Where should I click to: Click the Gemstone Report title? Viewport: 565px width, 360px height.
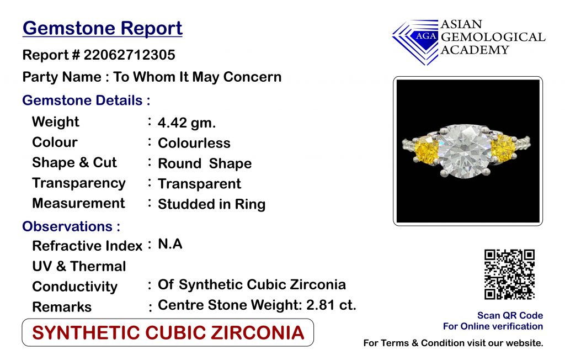pos(102,29)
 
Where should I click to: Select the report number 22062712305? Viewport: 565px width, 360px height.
pos(129,55)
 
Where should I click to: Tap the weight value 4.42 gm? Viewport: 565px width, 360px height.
pos(186,123)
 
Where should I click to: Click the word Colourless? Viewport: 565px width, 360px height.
pos(194,143)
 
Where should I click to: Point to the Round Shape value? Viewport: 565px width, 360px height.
pos(205,163)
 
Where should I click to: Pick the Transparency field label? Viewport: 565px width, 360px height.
pos(78,183)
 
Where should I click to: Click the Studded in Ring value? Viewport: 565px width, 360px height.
pos(211,204)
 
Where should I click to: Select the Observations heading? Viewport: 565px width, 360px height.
pos(71,226)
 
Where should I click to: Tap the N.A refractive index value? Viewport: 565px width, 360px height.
pos(170,244)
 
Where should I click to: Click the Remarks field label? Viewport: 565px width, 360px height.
pos(62,307)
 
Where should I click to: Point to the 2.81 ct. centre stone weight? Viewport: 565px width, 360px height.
pos(331,305)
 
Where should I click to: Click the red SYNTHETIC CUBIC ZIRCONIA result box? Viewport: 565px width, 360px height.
pos(168,332)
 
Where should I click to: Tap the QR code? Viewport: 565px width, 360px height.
pos(509,274)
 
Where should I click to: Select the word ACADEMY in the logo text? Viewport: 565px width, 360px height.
pos(475,50)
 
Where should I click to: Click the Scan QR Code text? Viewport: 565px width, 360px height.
pos(510,315)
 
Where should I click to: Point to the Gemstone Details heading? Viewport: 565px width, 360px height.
pos(86,100)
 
